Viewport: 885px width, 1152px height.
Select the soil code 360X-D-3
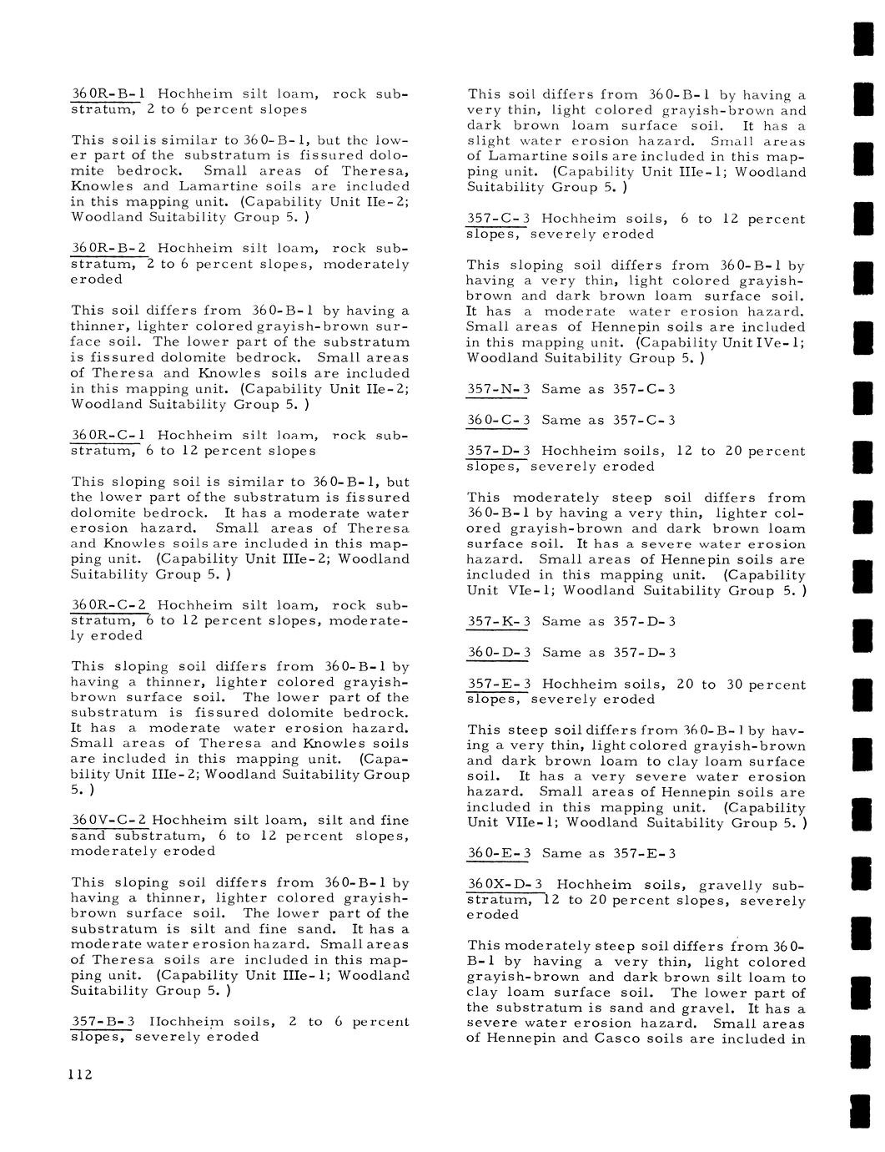[505, 885]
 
